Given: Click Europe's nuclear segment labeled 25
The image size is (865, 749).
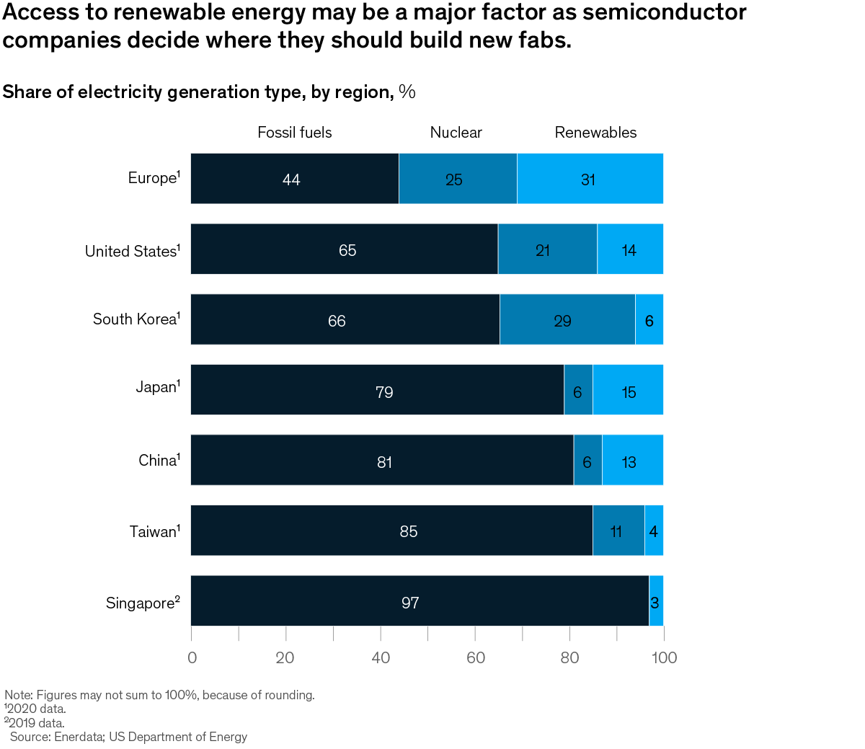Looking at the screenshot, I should click(458, 179).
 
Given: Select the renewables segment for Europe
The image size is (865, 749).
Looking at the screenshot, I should click(590, 179).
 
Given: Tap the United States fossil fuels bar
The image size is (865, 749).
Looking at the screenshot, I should click(344, 249).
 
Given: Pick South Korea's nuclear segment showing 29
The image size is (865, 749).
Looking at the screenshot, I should click(567, 319).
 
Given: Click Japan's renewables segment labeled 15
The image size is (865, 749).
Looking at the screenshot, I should click(628, 390).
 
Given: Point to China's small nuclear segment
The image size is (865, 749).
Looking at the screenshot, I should click(587, 460).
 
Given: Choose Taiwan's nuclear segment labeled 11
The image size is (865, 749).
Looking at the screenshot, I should click(618, 531).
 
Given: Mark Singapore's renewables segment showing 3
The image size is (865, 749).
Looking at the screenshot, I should click(656, 601).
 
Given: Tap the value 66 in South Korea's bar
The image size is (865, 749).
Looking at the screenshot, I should click(337, 321).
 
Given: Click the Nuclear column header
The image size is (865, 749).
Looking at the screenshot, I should click(456, 133).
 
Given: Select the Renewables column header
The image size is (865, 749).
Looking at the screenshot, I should click(595, 133).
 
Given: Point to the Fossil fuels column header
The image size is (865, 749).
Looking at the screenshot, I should click(295, 133).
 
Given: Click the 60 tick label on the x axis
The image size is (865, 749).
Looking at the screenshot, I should click(476, 657).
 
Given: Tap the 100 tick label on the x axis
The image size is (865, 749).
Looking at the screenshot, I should click(664, 657).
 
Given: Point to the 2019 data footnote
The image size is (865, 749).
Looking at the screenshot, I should click(35, 723).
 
